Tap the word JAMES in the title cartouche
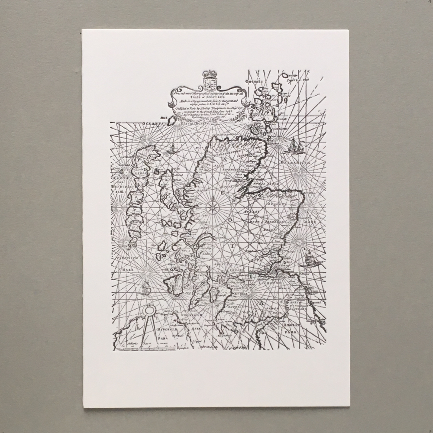tap(220, 103)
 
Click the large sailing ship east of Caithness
tap(294, 145)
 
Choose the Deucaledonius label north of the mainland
tap(191, 123)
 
